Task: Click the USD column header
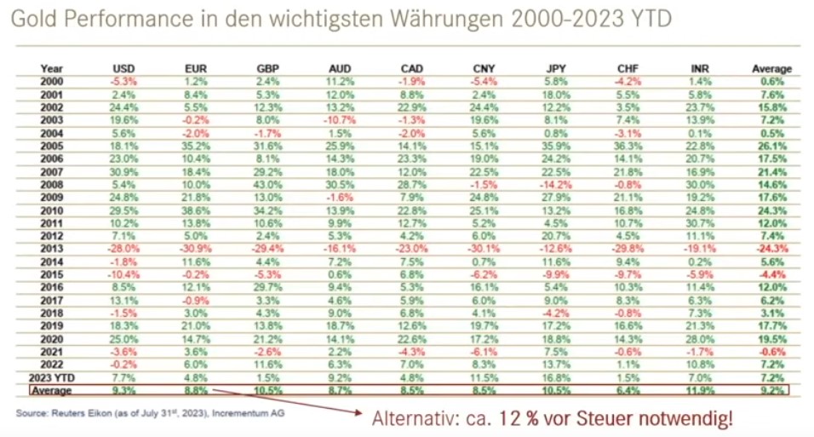(123, 68)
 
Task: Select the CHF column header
(626, 68)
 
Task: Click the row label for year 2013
(53, 248)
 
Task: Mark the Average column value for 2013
(772, 248)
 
